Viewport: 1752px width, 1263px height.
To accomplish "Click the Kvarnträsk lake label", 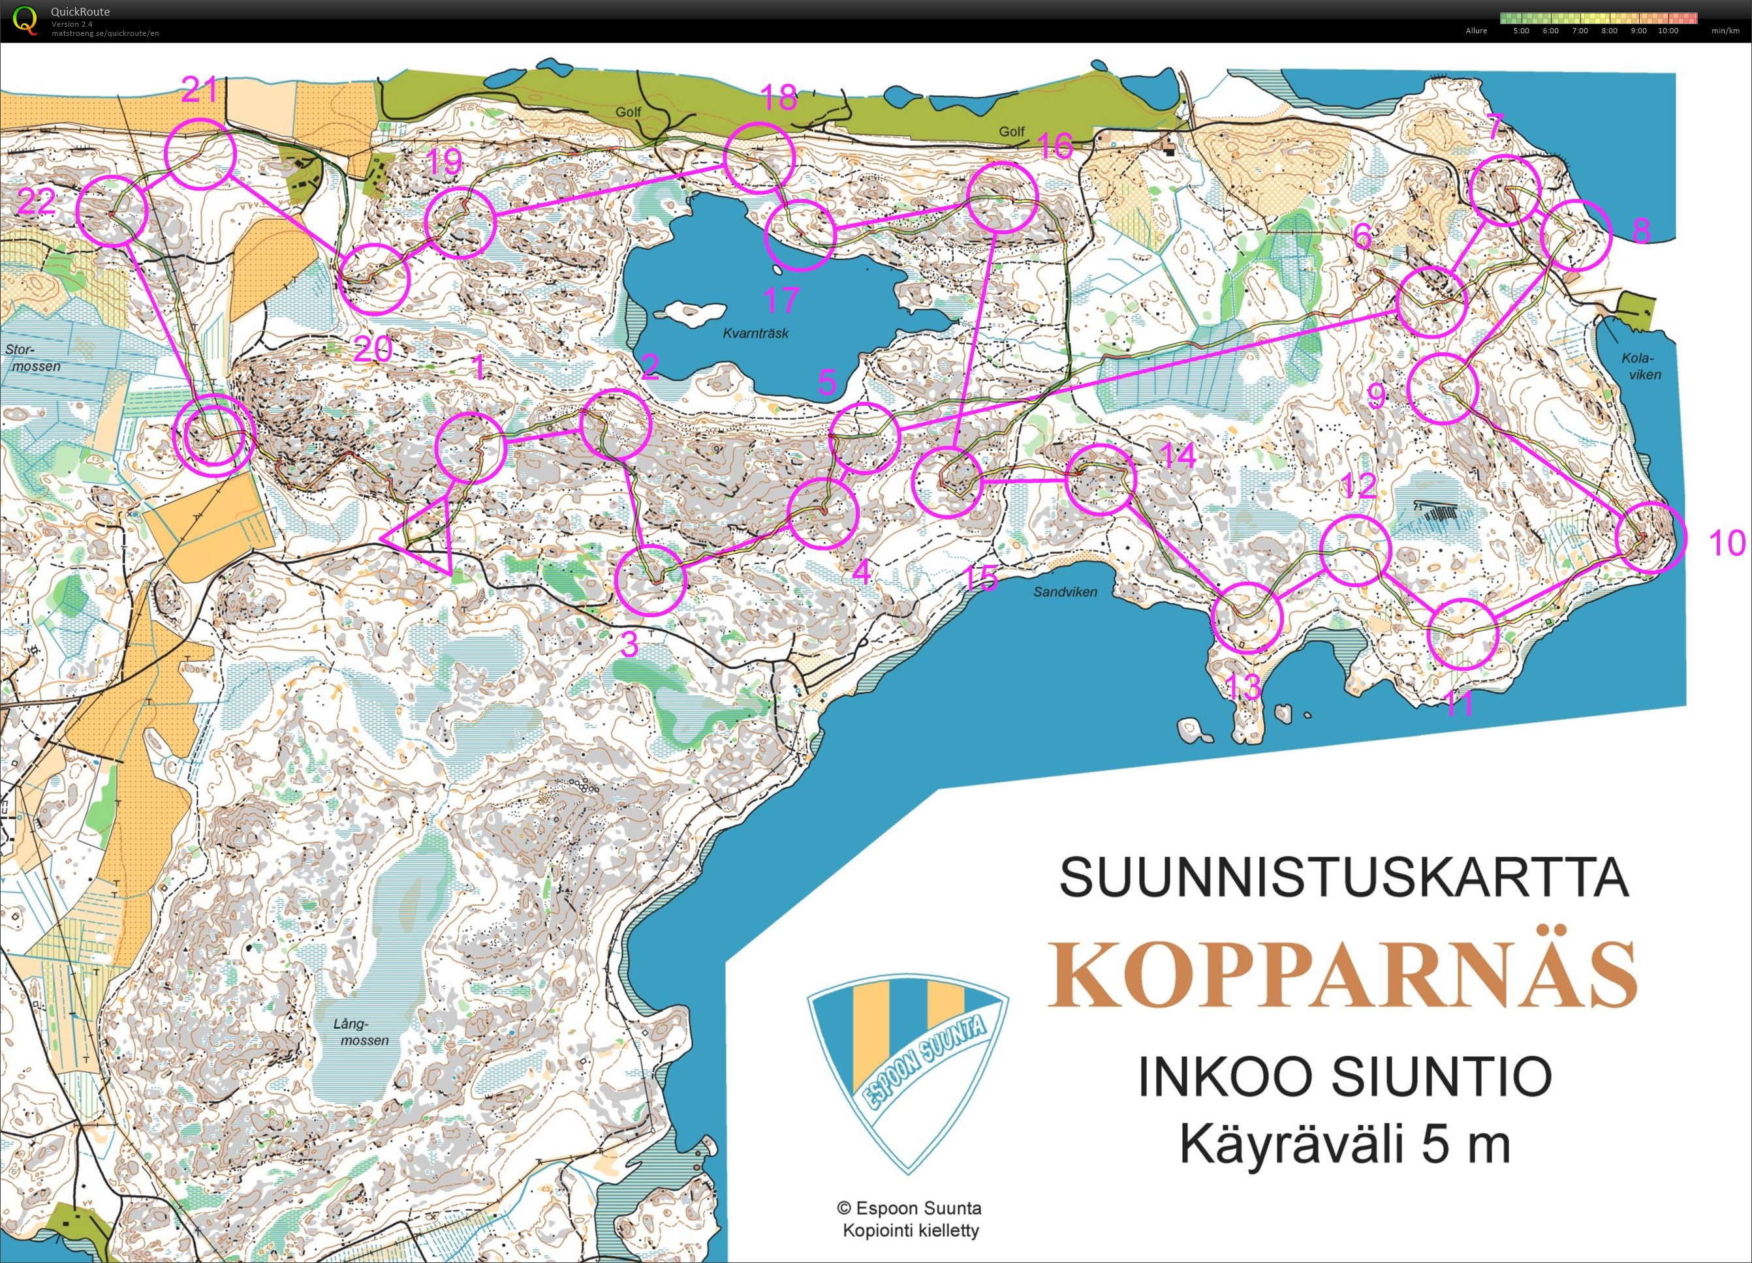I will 755,333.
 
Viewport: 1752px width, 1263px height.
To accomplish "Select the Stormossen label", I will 32,358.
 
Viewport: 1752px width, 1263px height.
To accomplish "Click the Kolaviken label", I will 1641,366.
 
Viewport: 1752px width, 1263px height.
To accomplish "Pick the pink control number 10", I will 1727,543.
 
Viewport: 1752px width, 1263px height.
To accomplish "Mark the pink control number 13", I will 1243,686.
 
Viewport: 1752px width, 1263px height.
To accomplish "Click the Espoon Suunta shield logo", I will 908,1073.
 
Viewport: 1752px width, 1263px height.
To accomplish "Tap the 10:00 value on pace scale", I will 1668,31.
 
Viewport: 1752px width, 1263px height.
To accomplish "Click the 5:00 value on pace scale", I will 1521,31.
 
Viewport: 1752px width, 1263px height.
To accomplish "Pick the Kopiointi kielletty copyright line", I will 911,1230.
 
